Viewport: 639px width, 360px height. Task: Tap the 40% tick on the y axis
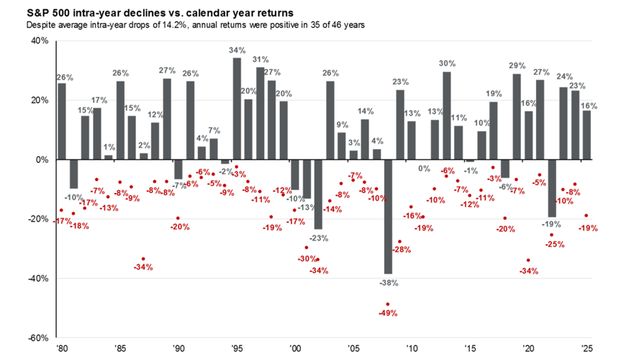[39, 41]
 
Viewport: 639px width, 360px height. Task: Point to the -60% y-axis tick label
[37, 338]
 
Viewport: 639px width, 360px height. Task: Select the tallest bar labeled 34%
[237, 108]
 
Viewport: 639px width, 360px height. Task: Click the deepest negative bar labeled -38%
[389, 216]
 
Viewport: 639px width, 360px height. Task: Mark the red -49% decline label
[389, 313]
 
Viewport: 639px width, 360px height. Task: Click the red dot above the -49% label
[389, 304]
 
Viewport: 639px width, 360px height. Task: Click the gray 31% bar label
[260, 60]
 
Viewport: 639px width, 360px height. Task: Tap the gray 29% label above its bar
[517, 66]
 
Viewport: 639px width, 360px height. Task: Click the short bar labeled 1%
[108, 157]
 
